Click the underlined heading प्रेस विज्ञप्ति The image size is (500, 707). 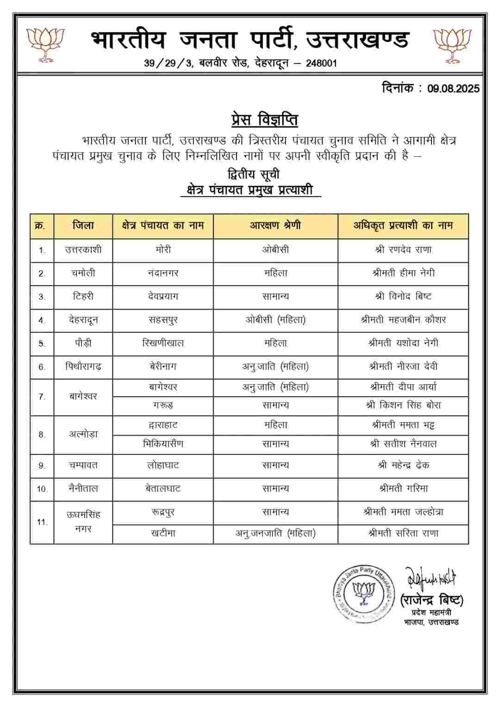point(264,120)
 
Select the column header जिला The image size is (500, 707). point(83,226)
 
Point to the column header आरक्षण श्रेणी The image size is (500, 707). point(275,226)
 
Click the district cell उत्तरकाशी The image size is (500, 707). point(83,250)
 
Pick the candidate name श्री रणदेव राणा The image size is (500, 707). point(403,250)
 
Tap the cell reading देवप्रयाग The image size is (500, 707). point(163,297)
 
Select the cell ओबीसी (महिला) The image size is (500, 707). point(275,320)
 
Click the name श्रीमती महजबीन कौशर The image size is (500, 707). point(403,320)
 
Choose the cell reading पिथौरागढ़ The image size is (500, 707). point(83,367)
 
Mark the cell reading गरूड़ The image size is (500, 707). point(163,405)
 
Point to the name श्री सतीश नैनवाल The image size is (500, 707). point(403,444)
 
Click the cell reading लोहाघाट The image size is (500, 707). point(163,465)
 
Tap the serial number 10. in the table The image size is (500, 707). point(42,489)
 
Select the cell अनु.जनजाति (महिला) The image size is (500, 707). point(275,533)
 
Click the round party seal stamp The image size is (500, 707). point(364,594)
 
